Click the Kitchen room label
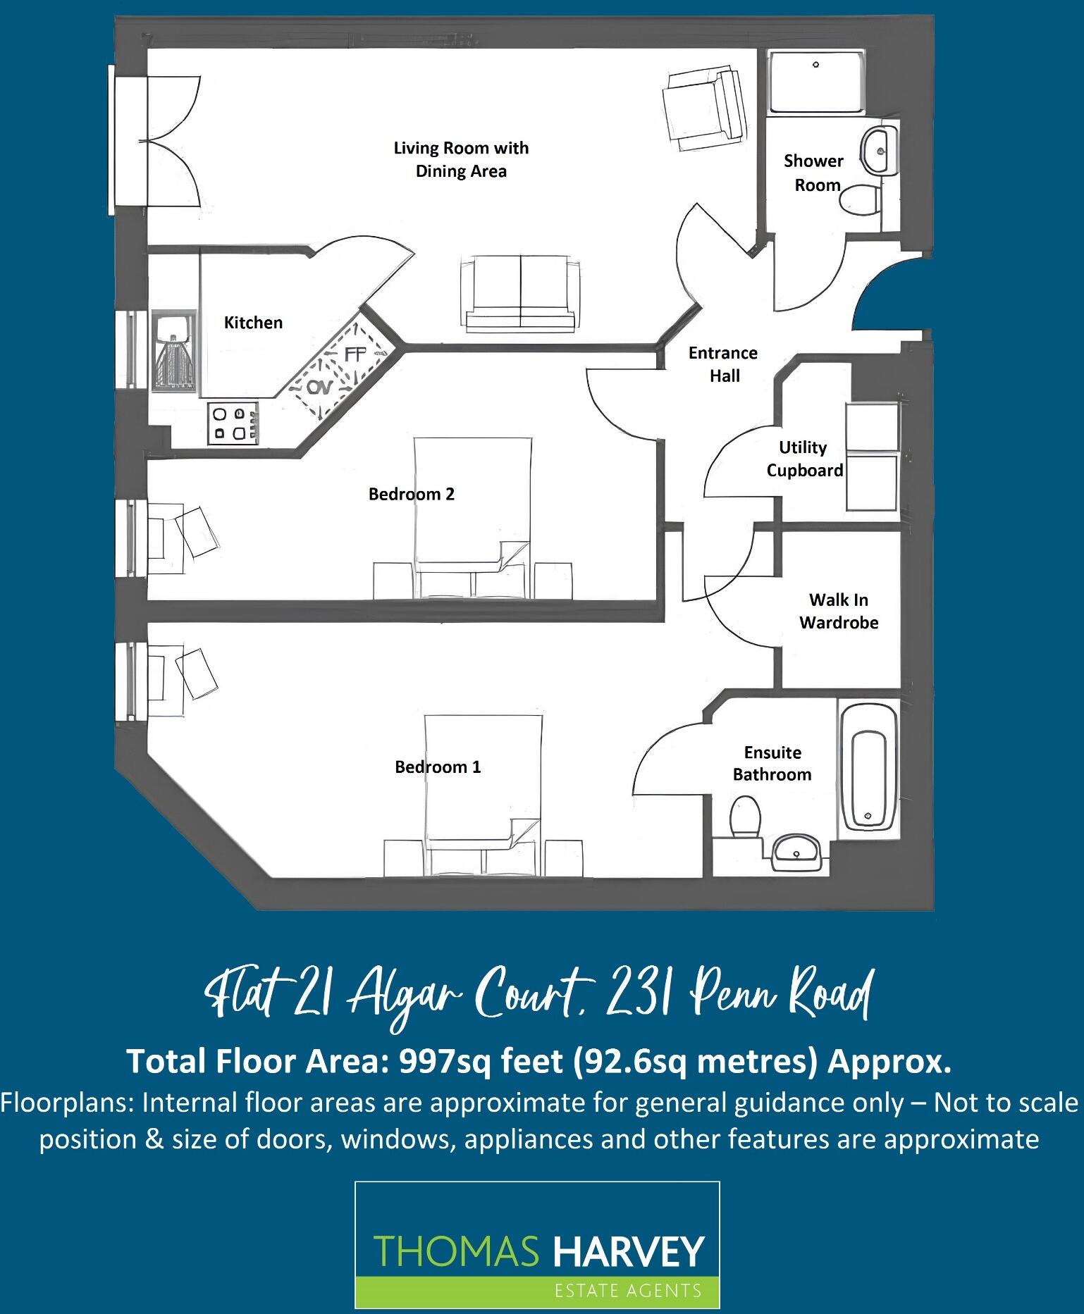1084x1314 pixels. click(x=253, y=323)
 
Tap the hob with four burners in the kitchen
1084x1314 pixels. click(x=233, y=423)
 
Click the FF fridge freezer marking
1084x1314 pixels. click(x=356, y=354)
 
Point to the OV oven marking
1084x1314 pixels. click(x=319, y=387)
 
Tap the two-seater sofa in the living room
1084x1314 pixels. click(x=521, y=295)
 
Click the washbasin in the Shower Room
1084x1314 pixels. click(x=878, y=150)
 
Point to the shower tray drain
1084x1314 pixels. click(x=815, y=65)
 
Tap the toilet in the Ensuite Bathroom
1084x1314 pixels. click(x=745, y=817)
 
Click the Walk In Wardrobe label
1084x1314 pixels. click(x=839, y=611)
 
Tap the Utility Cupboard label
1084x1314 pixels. click(x=804, y=459)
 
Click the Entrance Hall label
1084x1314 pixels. click(x=723, y=364)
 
